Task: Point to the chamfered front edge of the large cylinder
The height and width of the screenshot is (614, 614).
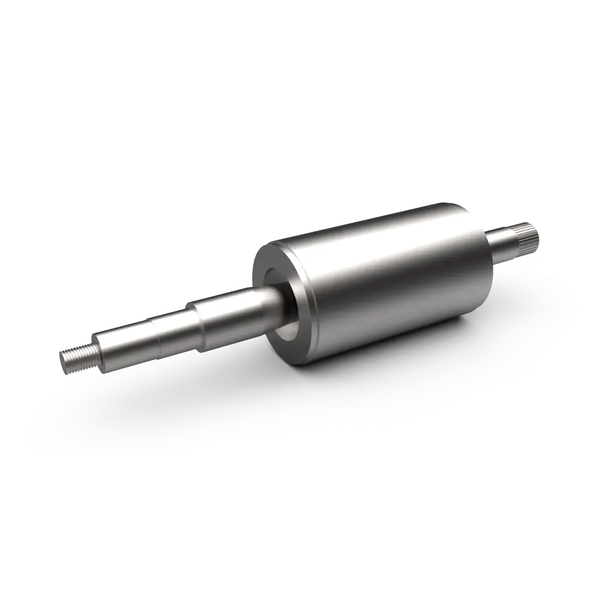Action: (x=307, y=307)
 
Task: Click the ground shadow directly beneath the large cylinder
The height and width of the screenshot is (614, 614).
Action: (x=409, y=379)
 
